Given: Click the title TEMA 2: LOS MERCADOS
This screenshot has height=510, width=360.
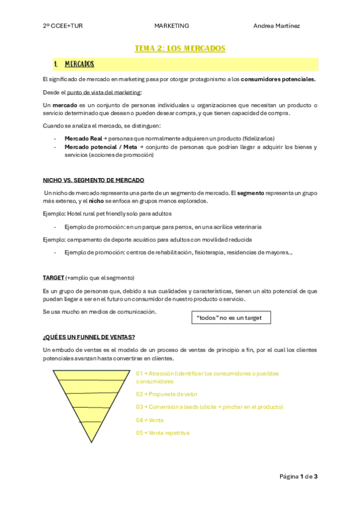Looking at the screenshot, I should [180, 48].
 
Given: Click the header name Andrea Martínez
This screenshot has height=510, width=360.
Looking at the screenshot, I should [276, 26].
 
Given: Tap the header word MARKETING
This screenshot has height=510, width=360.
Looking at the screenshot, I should [171, 26].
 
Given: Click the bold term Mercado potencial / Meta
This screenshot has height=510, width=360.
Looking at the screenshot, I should [100, 147].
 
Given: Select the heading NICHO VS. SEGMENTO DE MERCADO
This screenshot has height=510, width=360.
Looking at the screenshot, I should [93, 180].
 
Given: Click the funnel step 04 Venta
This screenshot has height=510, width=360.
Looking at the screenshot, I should [150, 420].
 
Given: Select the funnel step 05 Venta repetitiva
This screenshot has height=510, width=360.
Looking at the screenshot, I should [162, 432].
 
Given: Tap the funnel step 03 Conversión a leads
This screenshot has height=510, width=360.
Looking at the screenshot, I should [209, 407].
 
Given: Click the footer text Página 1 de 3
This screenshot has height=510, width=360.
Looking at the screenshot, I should [298, 477].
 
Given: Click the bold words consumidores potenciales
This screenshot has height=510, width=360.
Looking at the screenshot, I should [278, 79].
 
